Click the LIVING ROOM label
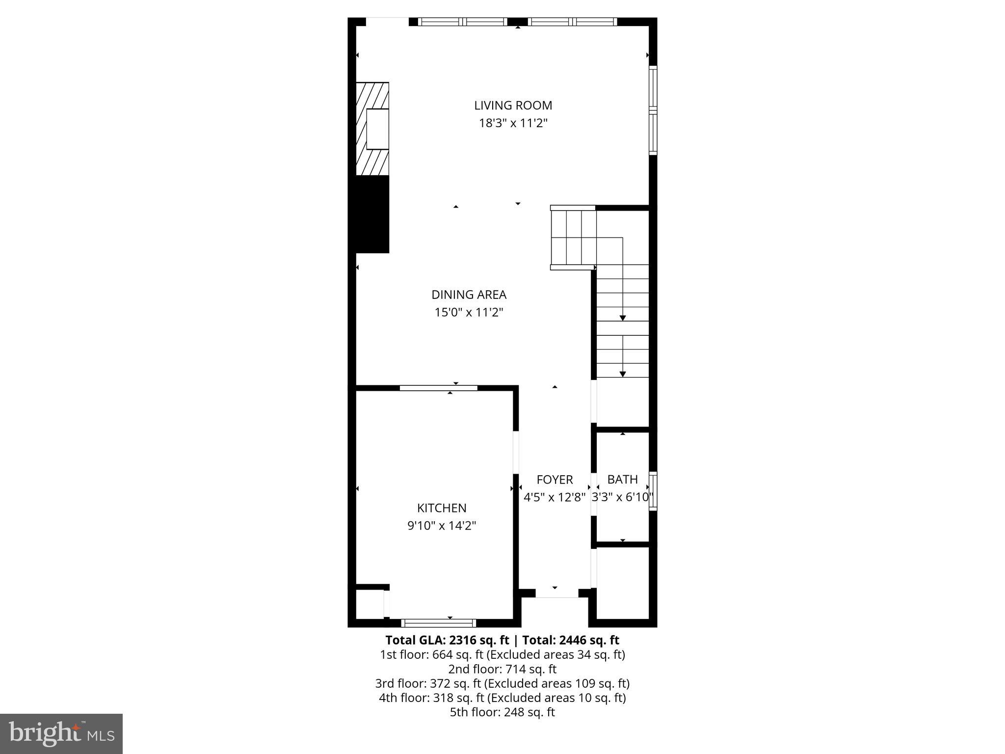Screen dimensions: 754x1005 (x=513, y=106)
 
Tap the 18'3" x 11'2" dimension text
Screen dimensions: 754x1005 (x=513, y=123)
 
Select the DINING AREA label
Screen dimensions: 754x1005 (x=469, y=295)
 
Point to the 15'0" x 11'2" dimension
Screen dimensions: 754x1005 (x=469, y=312)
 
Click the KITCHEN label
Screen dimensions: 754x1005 (x=442, y=508)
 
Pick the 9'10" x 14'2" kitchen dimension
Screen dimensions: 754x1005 (x=442, y=526)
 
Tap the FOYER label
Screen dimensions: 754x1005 (x=555, y=480)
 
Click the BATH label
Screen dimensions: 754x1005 (x=622, y=479)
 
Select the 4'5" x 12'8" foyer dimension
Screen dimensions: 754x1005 (x=555, y=497)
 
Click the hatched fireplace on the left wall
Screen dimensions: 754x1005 (x=372, y=129)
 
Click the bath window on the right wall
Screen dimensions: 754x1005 (x=653, y=491)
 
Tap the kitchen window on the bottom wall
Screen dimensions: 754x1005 (x=438, y=623)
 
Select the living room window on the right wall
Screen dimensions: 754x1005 (x=653, y=110)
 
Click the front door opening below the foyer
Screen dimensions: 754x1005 (x=556, y=593)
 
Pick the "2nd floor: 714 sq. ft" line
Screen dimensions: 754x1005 (x=502, y=669)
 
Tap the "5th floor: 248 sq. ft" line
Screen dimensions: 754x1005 (x=502, y=712)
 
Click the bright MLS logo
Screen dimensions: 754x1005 (x=61, y=733)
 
